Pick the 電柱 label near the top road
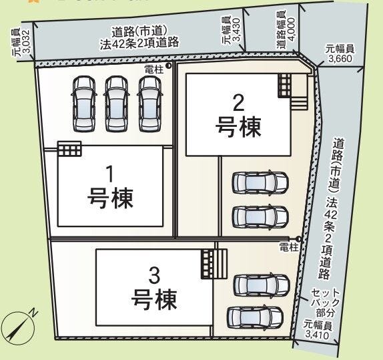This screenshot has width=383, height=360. tap(153, 68)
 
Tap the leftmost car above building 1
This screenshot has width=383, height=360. tap(83, 98)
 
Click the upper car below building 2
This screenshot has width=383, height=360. tap(260, 182)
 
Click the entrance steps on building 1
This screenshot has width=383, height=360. tap(69, 148)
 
